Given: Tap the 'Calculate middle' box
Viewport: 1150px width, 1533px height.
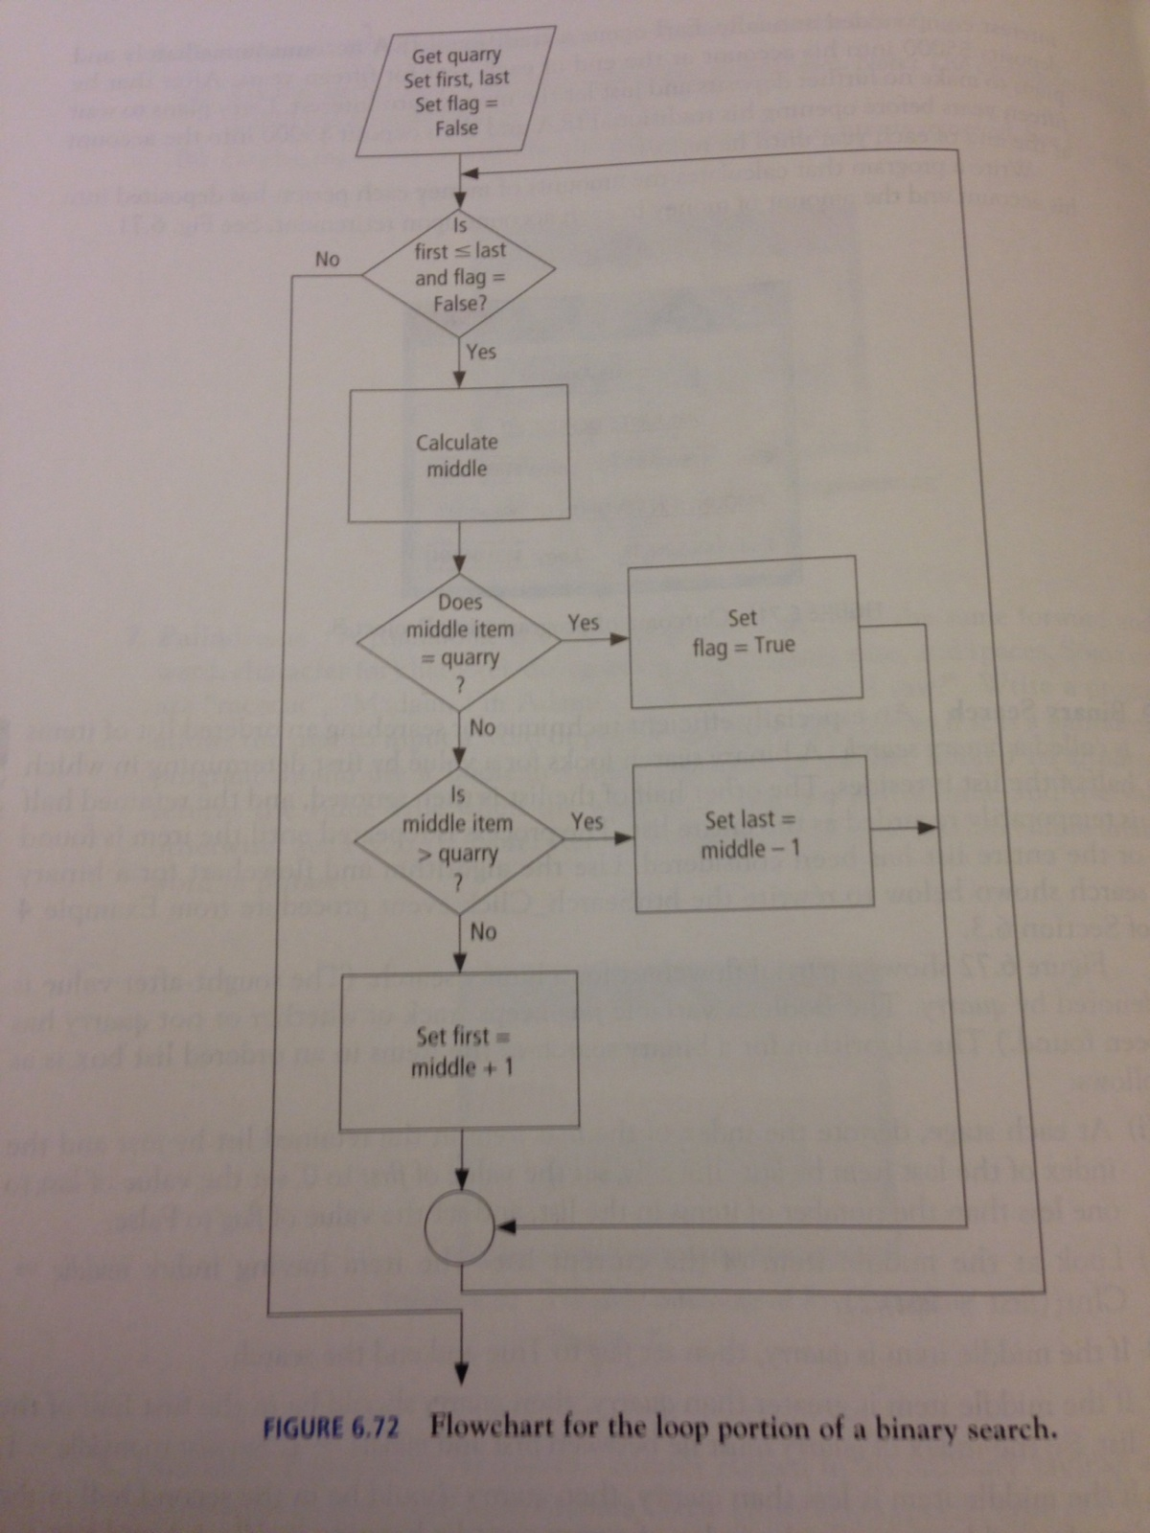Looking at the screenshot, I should tap(458, 454).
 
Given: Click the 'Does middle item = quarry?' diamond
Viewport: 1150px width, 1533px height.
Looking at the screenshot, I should tap(460, 642).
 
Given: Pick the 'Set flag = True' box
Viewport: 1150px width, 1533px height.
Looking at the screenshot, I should tap(743, 631).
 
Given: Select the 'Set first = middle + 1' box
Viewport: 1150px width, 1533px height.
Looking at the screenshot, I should tap(460, 1050).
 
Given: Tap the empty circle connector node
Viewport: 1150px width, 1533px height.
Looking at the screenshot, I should tap(459, 1226).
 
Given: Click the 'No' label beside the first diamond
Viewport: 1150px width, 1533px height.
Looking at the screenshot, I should tap(328, 259).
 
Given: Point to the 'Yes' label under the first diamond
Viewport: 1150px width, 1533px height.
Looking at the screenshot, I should tap(481, 352).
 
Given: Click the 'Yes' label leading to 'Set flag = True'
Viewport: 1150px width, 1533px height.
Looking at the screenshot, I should tap(584, 623).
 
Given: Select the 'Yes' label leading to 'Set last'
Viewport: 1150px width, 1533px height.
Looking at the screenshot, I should tap(586, 821).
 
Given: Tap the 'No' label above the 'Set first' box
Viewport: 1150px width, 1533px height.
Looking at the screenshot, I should tap(484, 931).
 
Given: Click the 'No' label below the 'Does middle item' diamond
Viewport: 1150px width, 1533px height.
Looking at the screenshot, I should tap(483, 728).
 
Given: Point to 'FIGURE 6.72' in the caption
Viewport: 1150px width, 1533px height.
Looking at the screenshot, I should tap(331, 1428).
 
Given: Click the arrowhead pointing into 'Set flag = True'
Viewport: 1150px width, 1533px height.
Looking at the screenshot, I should tap(620, 639).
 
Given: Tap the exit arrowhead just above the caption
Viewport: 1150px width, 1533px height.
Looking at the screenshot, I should tap(462, 1373).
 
